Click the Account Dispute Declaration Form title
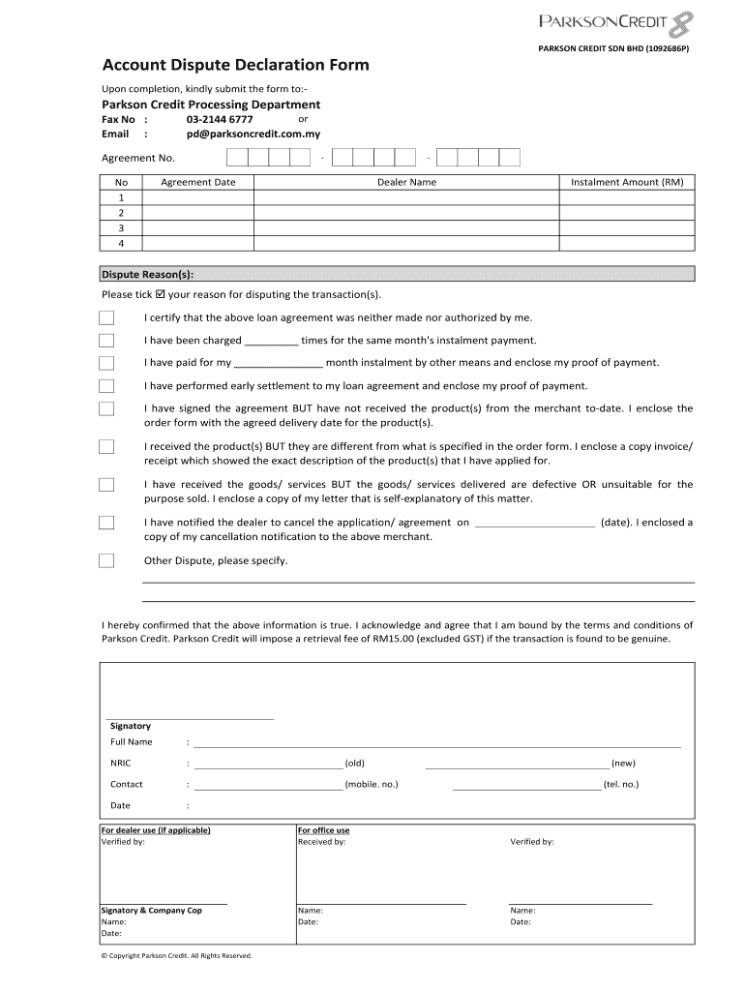pos(235,65)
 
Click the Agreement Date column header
pos(197,182)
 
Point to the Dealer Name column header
pos(406,182)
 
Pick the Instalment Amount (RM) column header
pos(627,182)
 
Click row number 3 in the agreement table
pos(121,227)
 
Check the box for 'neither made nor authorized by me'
pos(106,318)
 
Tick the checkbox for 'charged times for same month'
pos(106,341)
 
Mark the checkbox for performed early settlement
pos(106,386)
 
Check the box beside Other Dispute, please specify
pos(106,561)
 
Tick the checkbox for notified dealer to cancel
pos(106,524)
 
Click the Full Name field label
pos(132,742)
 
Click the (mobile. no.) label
pos(372,785)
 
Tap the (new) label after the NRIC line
pos(623,764)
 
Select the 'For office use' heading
pos(324,830)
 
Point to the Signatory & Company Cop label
pos(152,911)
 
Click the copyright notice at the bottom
pos(176,955)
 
